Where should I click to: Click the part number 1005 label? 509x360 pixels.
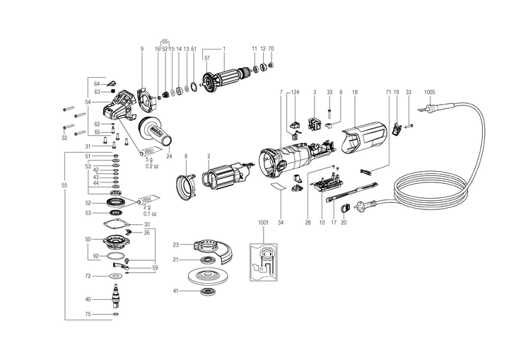430,92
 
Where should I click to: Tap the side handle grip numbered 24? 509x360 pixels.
156,132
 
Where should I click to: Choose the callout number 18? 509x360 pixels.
354,92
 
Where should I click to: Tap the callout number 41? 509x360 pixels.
175,291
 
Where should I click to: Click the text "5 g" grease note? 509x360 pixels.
148,160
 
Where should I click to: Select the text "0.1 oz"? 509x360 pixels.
150,213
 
